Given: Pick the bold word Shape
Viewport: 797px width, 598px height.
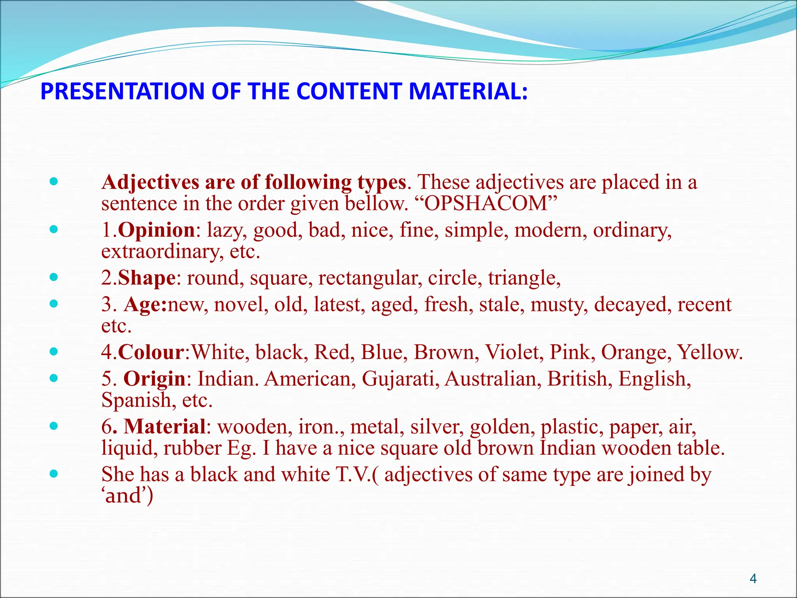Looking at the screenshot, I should coord(147,278).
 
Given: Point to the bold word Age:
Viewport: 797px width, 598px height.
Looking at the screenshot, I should coord(145,304).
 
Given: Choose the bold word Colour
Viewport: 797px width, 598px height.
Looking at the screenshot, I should coord(151,352).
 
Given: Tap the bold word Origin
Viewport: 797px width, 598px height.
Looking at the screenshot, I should coord(154,379).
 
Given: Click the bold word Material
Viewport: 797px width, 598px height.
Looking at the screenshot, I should coord(164,427).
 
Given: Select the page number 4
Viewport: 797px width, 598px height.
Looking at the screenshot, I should coord(753,579).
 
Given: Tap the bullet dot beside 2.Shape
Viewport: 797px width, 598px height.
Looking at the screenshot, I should coord(54,278).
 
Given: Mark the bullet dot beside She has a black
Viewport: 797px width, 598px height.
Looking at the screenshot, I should coord(54,474).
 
